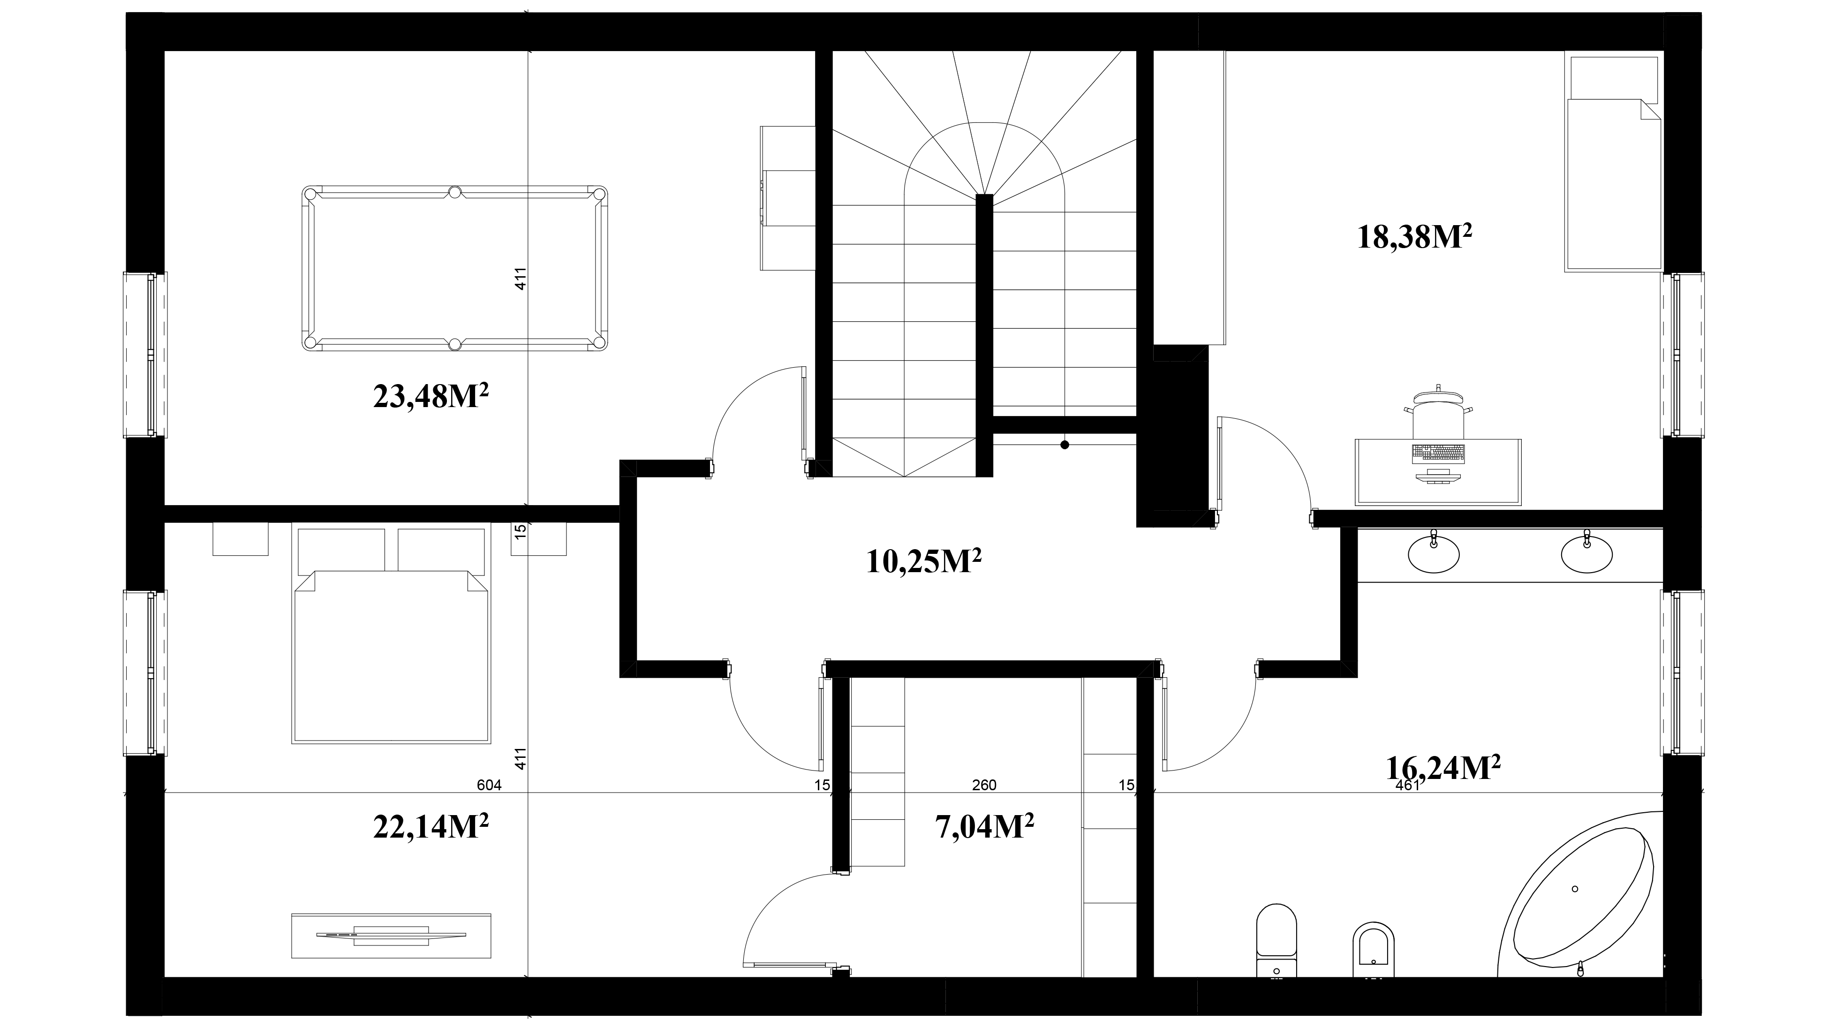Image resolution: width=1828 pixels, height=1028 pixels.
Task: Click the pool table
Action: pos(455,268)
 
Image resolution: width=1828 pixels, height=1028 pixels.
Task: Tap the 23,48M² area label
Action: pos(431,396)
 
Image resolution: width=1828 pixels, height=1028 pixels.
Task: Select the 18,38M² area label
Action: pos(1413,236)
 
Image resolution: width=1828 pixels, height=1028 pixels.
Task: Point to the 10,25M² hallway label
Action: pos(924,561)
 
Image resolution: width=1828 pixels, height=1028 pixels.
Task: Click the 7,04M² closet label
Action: pos(985,826)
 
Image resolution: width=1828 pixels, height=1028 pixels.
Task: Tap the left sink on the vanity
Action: pos(1434,553)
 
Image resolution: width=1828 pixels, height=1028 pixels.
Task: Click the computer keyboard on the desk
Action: pos(1438,453)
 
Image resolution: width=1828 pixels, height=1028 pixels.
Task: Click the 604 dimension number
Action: pos(490,785)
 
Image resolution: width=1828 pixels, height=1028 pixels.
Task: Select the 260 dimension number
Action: pos(984,785)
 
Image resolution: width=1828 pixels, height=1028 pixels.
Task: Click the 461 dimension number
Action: pos(1407,785)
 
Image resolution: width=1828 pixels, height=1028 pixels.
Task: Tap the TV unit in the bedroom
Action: pos(391,935)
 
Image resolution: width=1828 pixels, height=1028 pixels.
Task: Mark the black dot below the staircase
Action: pos(1065,445)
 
